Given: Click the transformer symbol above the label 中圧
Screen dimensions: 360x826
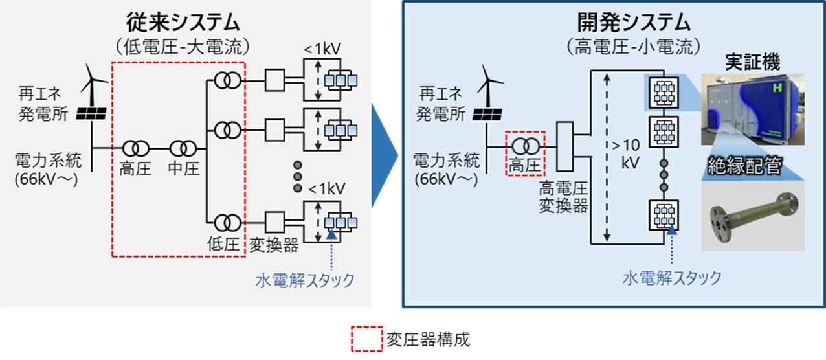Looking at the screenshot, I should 182,148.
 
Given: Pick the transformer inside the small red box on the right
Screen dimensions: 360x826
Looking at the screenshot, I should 524,146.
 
